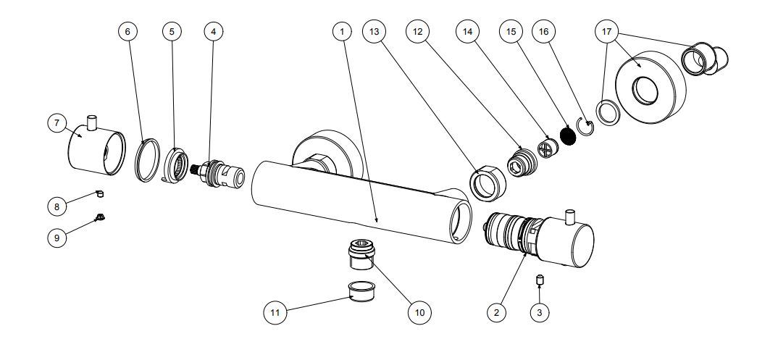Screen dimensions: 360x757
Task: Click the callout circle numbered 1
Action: [x=341, y=31]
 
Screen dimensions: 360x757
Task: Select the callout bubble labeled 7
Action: [x=57, y=123]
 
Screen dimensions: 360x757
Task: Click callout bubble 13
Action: [x=375, y=31]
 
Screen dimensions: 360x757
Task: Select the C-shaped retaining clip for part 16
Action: [x=585, y=126]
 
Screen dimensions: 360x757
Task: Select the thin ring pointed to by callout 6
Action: [x=149, y=159]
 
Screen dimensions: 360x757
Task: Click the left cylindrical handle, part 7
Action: [x=94, y=148]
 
